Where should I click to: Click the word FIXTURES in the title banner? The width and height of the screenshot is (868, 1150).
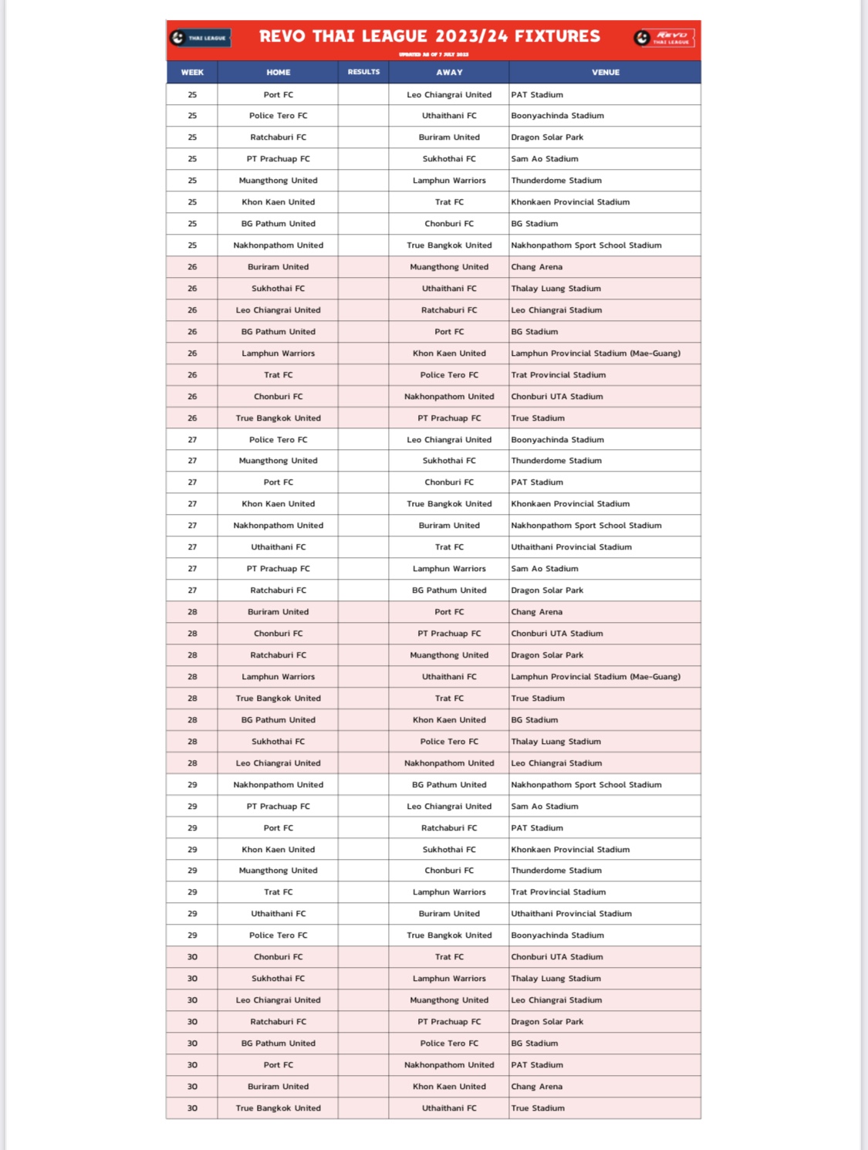[x=557, y=36]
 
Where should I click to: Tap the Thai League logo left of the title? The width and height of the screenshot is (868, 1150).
[x=200, y=37]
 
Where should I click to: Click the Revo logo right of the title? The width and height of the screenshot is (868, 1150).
[x=664, y=37]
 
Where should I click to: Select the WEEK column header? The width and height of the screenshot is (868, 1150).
[x=192, y=72]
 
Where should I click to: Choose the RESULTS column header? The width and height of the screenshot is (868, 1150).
[x=363, y=72]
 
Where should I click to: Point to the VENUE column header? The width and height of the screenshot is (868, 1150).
[x=606, y=72]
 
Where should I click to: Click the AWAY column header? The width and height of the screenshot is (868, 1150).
[x=449, y=72]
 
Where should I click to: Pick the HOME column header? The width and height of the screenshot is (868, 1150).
[x=278, y=72]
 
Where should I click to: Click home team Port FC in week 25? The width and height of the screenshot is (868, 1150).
[x=278, y=94]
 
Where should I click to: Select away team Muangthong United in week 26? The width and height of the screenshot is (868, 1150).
[x=449, y=267]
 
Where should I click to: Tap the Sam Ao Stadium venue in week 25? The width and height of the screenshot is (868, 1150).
[x=545, y=159]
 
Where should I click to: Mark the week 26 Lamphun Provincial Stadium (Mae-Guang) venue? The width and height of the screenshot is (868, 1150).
[x=596, y=353]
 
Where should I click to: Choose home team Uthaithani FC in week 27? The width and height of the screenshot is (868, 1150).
[x=278, y=547]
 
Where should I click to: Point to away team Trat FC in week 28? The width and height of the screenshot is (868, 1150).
[x=449, y=698]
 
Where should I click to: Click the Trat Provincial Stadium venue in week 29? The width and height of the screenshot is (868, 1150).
[x=559, y=892]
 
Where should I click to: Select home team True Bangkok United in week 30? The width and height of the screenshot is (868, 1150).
[x=278, y=1108]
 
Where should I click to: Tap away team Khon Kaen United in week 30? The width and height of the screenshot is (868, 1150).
[x=449, y=1087]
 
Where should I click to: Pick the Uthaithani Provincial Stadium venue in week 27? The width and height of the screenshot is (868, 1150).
[x=571, y=547]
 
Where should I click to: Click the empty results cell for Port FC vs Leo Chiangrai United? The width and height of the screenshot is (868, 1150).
[x=363, y=94]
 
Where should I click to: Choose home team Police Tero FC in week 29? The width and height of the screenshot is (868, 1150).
[x=278, y=935]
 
